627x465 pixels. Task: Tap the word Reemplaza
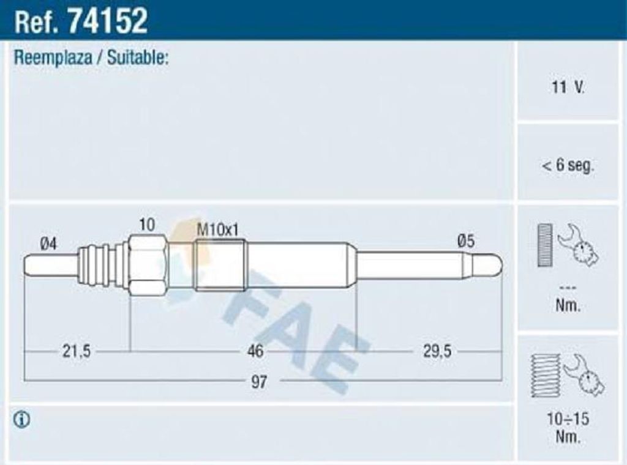[x=53, y=58]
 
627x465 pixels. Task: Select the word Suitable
[x=137, y=58]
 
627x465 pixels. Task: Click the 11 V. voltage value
[x=568, y=87]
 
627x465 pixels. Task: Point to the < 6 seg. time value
[x=568, y=165]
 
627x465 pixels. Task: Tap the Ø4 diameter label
[x=48, y=244]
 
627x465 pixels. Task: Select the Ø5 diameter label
[x=466, y=241]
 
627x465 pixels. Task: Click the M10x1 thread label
[x=218, y=229]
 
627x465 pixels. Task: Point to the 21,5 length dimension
[x=77, y=351]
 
